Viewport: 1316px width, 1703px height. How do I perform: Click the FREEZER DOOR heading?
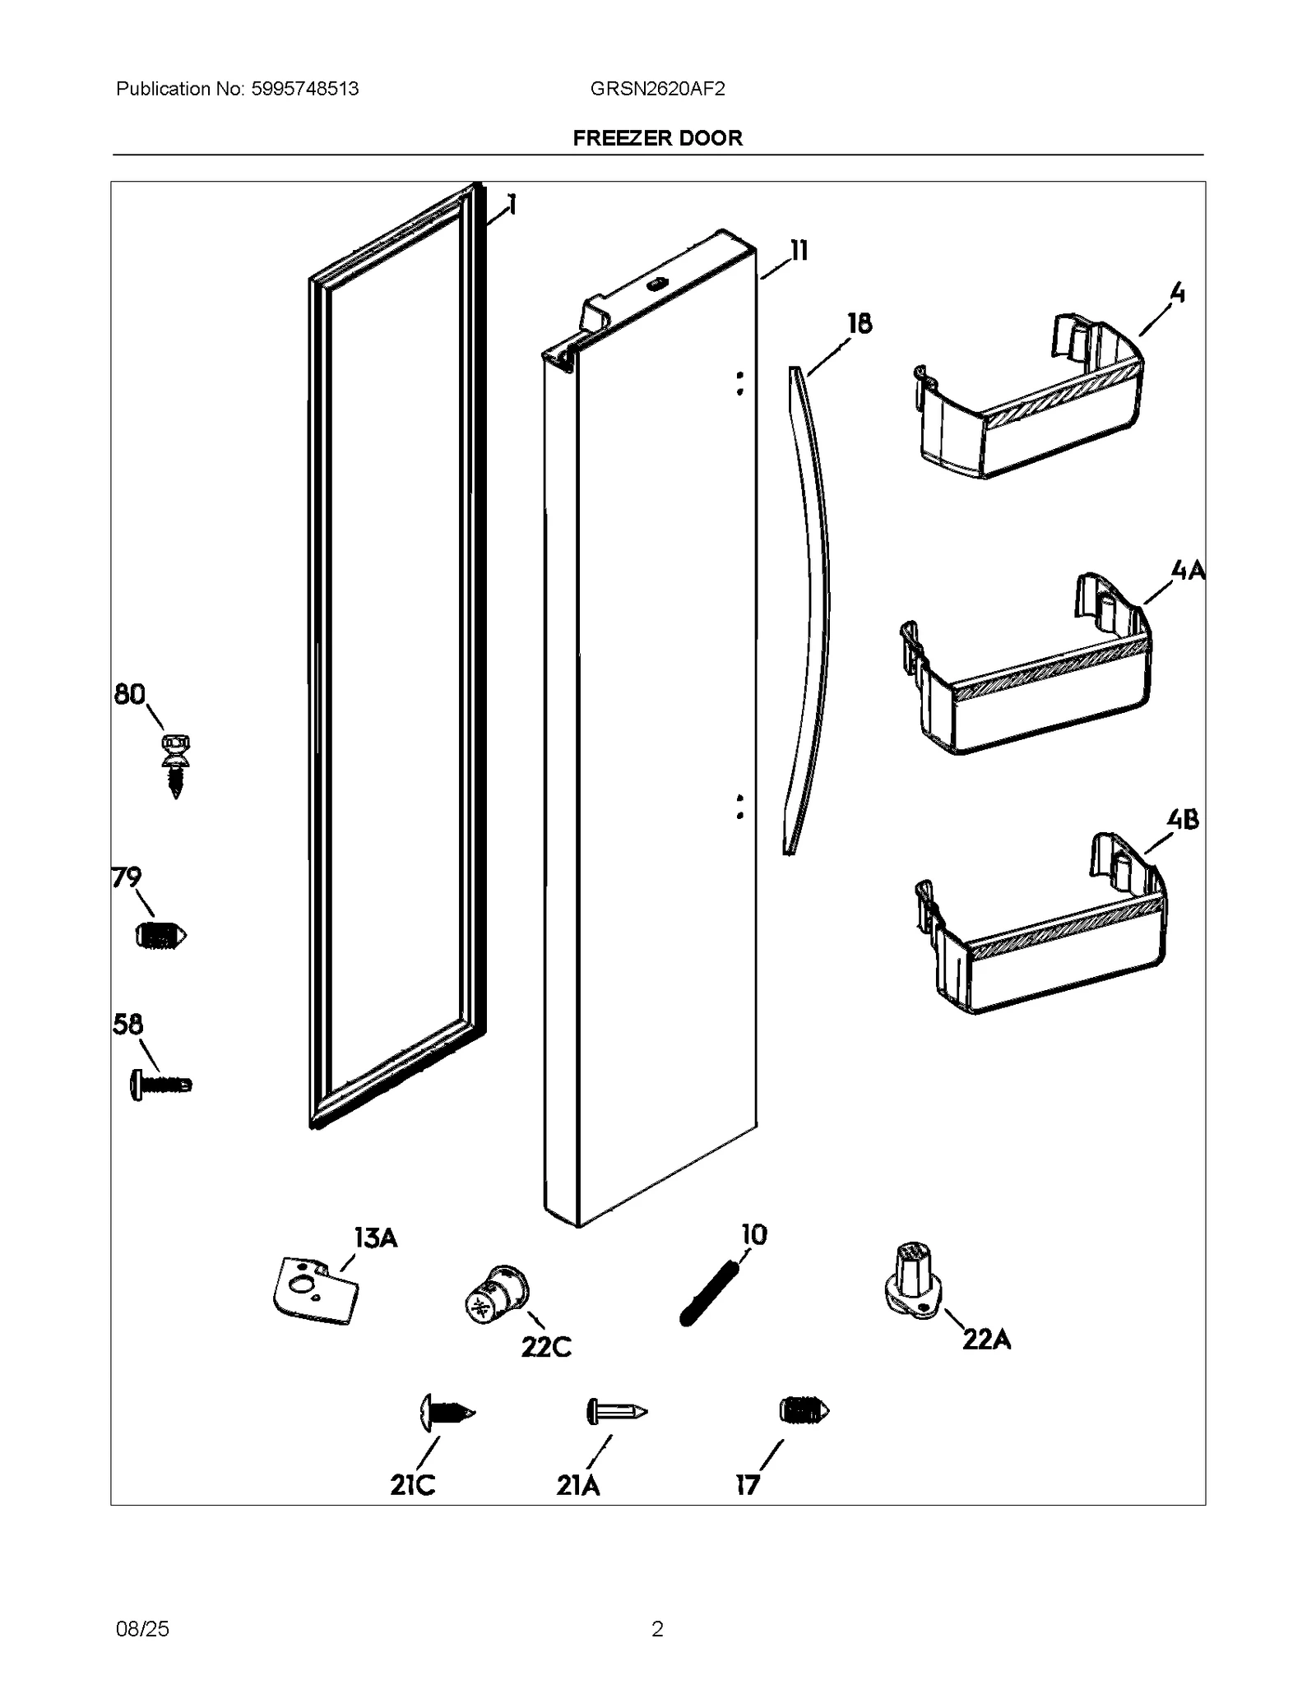(x=657, y=138)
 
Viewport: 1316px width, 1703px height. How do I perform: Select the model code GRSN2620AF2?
(x=657, y=89)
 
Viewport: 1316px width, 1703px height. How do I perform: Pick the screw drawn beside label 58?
(x=161, y=1085)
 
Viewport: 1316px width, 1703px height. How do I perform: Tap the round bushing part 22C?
(x=495, y=1294)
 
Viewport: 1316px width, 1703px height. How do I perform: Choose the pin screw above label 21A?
(x=616, y=1412)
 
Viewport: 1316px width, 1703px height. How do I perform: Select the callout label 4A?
(x=1187, y=569)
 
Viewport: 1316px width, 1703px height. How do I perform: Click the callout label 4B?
(x=1182, y=819)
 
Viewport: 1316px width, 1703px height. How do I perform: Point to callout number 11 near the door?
(x=798, y=251)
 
